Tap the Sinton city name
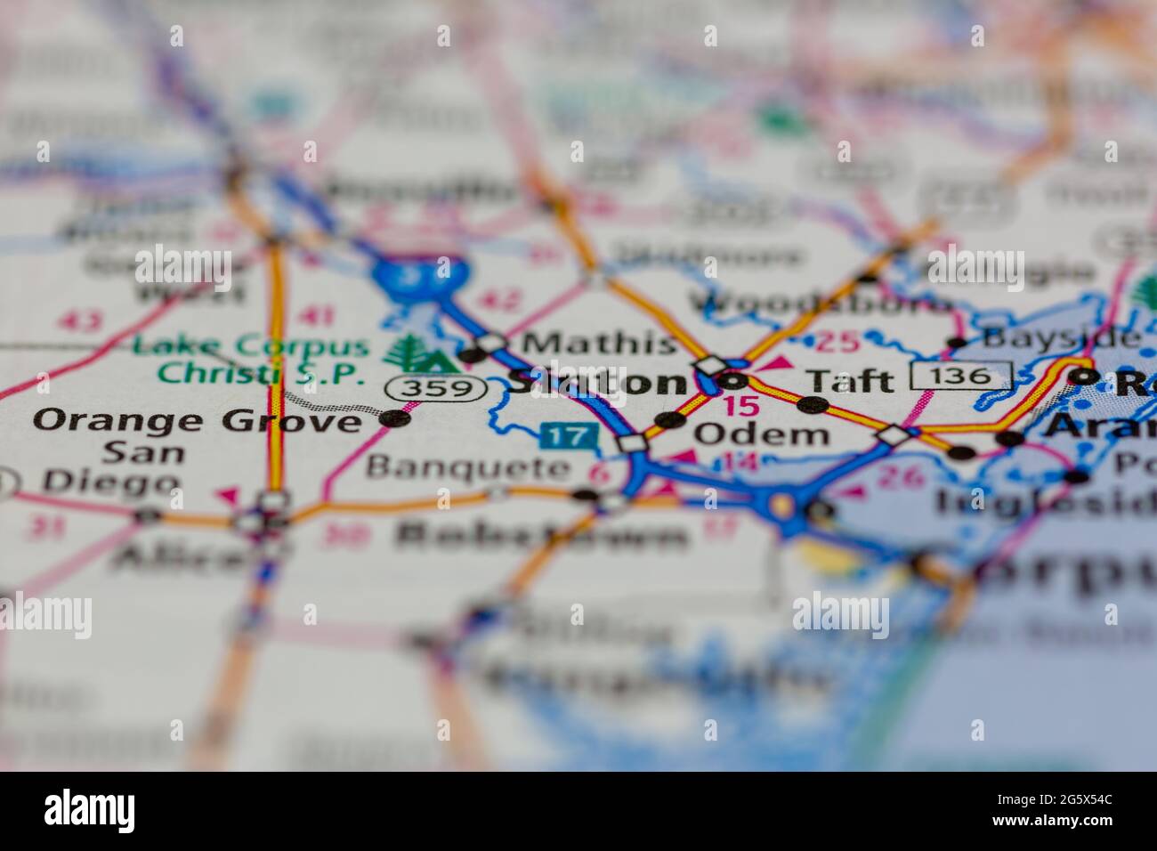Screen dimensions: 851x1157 (x=595, y=382)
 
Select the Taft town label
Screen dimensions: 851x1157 (x=849, y=380)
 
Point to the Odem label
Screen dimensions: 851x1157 (x=761, y=434)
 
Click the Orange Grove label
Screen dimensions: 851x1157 (x=198, y=419)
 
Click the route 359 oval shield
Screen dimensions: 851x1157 (x=436, y=388)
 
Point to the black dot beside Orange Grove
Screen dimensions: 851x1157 (x=394, y=417)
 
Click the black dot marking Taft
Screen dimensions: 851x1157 (x=812, y=406)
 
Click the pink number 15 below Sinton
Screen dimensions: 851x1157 (x=741, y=407)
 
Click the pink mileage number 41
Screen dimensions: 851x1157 (x=318, y=315)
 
